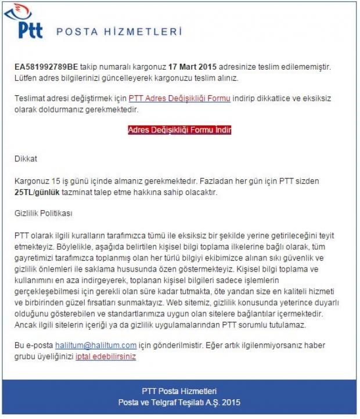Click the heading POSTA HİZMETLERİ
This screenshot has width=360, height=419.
(119, 32)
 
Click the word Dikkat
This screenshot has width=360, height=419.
(26, 158)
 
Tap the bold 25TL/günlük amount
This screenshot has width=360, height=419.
(38, 192)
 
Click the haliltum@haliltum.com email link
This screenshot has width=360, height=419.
(96, 345)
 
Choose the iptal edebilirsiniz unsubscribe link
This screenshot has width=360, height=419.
(106, 356)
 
